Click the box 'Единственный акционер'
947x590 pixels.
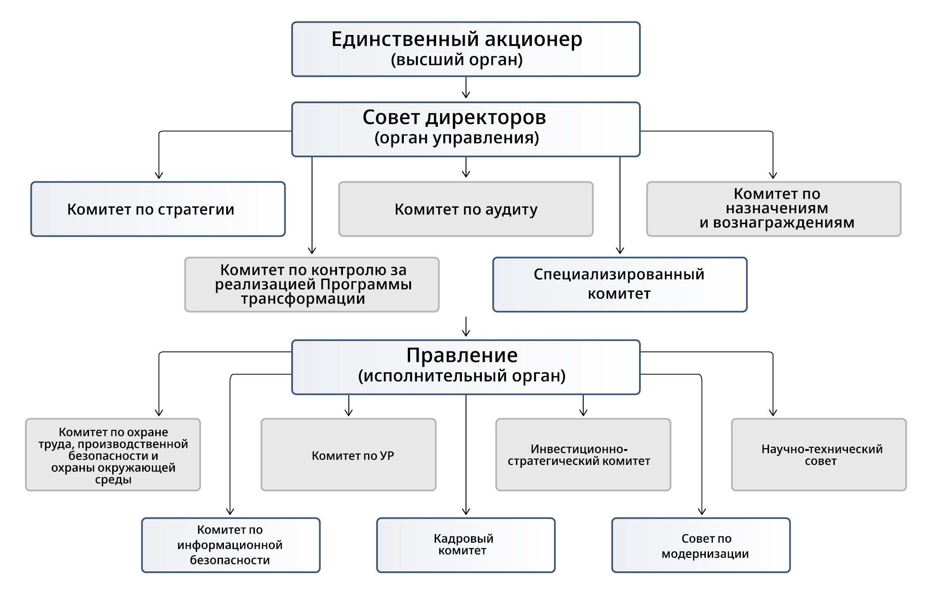coord(466,49)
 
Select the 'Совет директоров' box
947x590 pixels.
coord(466,129)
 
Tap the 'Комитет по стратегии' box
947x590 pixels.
coord(158,209)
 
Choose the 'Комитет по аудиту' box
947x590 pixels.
coord(466,209)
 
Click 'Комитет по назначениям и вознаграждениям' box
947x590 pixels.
coord(773,209)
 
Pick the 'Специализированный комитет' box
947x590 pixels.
coord(620,285)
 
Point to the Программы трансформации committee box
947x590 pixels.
coord(312,285)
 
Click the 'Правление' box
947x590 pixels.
coord(466,367)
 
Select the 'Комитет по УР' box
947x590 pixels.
coord(348,455)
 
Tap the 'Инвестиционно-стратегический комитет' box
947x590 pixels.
coord(583,455)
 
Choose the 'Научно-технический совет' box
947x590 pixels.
coord(818,455)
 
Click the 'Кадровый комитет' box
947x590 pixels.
coord(466,545)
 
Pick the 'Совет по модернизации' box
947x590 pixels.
coord(701,545)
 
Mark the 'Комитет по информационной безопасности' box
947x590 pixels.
coord(230,545)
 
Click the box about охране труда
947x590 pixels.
coord(113,455)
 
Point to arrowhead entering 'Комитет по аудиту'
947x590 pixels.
coord(466,174)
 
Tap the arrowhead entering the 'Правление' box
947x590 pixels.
coord(466,333)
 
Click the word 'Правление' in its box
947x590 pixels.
coord(461,355)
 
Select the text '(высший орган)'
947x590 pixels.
coord(456,60)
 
